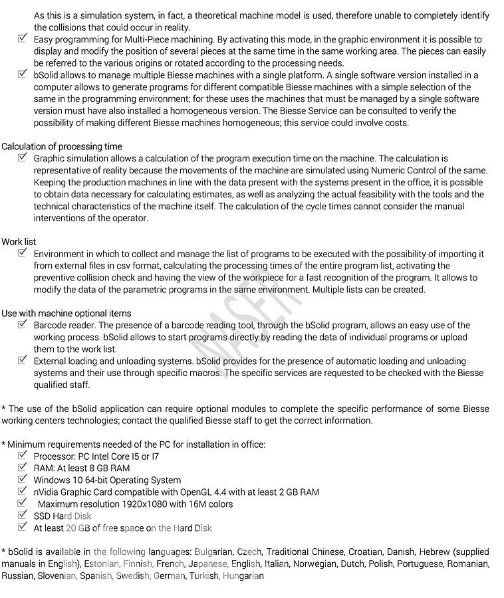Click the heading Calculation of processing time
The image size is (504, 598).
(62, 146)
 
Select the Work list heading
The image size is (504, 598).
(19, 242)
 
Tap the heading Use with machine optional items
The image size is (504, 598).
(66, 313)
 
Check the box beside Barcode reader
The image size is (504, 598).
(23, 325)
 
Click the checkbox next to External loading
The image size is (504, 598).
(23, 361)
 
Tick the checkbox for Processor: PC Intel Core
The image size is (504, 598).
(23, 456)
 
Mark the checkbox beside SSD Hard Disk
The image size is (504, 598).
(23, 516)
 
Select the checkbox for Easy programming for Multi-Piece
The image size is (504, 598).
(23, 39)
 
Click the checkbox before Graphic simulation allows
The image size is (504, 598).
(23, 158)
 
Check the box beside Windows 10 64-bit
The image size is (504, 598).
(23, 480)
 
